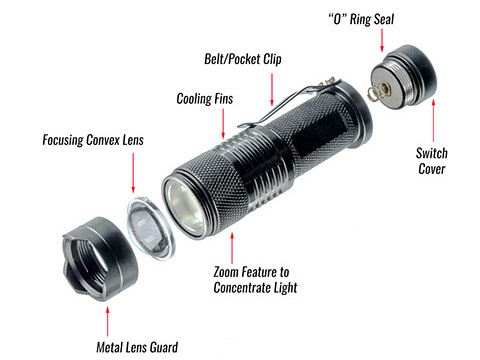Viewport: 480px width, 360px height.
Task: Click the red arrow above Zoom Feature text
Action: pos(233,245)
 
